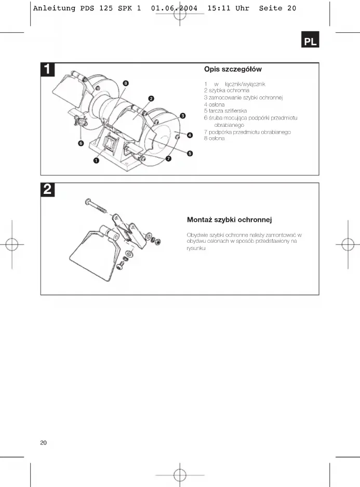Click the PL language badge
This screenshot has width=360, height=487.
pyautogui.click(x=310, y=41)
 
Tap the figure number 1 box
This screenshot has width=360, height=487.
pyautogui.click(x=47, y=70)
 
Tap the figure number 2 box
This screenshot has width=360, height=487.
pyautogui.click(x=47, y=190)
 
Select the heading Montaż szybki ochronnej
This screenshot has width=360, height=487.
pyautogui.click(x=230, y=220)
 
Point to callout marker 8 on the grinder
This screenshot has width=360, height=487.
pyautogui.click(x=126, y=83)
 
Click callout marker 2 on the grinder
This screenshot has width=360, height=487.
pyautogui.click(x=151, y=98)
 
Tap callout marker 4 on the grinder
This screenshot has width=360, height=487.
pyautogui.click(x=190, y=135)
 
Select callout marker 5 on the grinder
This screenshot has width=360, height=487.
pyautogui.click(x=190, y=153)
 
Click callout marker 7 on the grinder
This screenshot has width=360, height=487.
pyautogui.click(x=168, y=157)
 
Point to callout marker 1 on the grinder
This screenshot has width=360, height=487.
pyautogui.click(x=97, y=161)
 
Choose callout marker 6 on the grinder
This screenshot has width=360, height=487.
pyautogui.click(x=81, y=143)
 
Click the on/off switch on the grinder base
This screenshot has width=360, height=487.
pyautogui.click(x=111, y=140)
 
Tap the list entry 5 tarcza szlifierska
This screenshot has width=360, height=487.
pyautogui.click(x=225, y=111)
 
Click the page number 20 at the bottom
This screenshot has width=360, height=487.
pyautogui.click(x=44, y=443)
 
